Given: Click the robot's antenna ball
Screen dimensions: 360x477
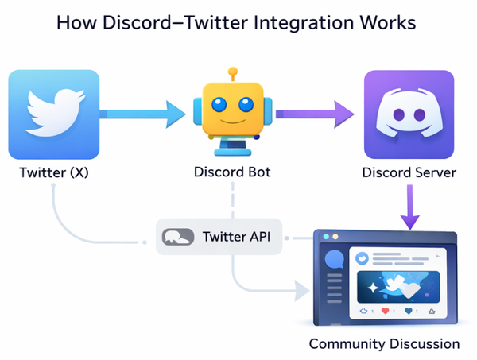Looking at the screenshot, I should click(x=233, y=72).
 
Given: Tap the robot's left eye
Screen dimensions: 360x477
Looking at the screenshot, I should click(x=219, y=104).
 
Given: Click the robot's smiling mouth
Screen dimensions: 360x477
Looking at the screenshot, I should click(x=232, y=125).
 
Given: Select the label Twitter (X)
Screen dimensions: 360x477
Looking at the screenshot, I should click(x=53, y=172).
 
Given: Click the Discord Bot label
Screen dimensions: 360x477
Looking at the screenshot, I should click(x=232, y=172).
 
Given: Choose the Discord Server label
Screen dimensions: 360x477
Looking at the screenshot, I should click(x=409, y=172).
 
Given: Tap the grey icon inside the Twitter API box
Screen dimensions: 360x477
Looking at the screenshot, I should click(x=179, y=237).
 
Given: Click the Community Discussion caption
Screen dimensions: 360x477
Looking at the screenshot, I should click(x=384, y=344).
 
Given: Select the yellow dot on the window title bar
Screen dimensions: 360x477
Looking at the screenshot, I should click(x=335, y=238).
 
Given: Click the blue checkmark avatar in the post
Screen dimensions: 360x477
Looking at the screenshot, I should click(x=362, y=259).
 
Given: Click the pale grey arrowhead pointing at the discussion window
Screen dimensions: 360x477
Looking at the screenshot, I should click(x=300, y=291).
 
